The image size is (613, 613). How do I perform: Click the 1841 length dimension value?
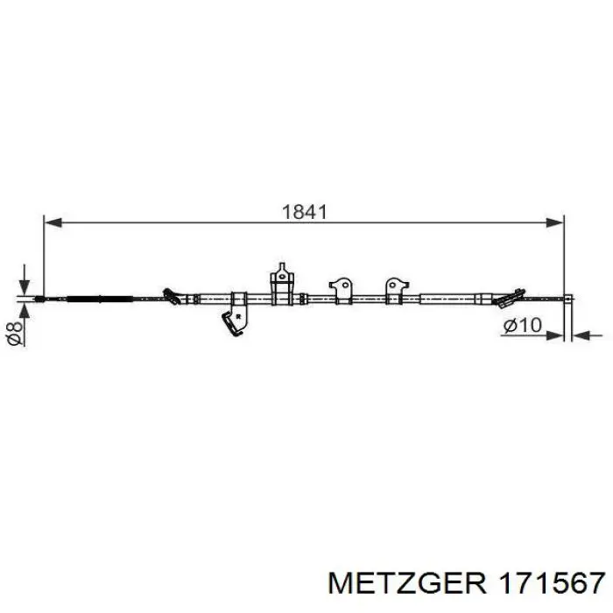[304, 212]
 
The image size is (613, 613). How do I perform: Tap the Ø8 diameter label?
[15, 334]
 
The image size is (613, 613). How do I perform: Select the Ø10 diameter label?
[522, 325]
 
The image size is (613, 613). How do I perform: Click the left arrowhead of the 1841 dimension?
[53, 222]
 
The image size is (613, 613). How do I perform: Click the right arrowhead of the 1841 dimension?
[554, 222]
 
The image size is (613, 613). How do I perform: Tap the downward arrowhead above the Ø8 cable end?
[25, 286]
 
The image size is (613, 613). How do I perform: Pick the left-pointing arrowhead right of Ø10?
[581, 335]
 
